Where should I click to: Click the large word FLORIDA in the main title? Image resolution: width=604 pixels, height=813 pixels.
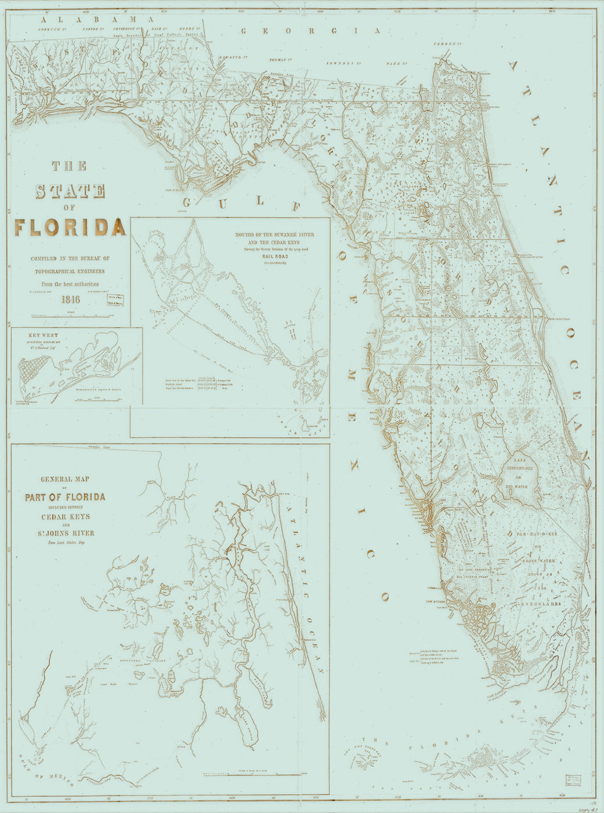pos(70,227)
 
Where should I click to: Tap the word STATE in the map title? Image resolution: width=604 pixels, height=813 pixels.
pos(70,191)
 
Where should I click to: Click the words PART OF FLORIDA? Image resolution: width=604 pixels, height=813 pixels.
pos(65,497)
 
